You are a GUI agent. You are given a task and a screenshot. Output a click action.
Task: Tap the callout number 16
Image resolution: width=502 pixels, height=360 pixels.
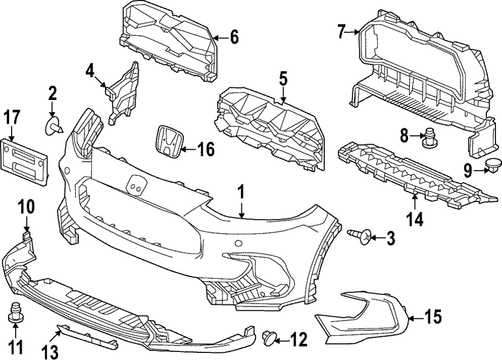205,149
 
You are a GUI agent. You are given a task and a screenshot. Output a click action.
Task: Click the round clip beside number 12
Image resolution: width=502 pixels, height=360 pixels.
270,339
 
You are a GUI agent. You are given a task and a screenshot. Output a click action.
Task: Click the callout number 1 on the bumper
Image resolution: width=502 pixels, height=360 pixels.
241,192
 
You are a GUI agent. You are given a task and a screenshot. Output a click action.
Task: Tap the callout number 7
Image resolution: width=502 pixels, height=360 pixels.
341,33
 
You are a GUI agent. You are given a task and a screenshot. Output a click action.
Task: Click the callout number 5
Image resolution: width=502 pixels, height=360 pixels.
283,79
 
